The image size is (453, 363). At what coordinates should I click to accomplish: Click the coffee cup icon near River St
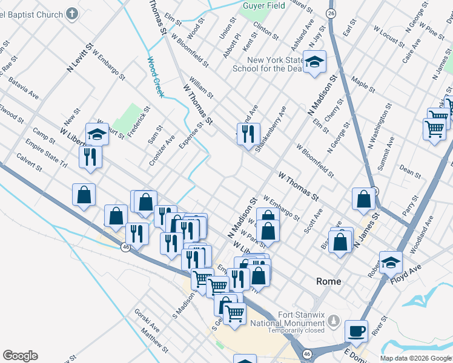click(x=356, y=331)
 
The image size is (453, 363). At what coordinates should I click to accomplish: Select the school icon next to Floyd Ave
click(x=391, y=263)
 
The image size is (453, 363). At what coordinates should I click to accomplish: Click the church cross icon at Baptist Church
click(x=72, y=13)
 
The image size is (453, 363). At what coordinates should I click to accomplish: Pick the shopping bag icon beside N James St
click(x=363, y=199)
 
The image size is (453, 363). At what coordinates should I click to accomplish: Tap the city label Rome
click(x=329, y=281)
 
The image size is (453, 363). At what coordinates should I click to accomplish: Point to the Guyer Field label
click(x=263, y=5)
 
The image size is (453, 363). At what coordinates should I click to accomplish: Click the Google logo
click(x=20, y=356)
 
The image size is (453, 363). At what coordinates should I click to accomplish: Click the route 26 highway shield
click(x=330, y=13)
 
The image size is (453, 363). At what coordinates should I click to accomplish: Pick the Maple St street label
click(x=363, y=84)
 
